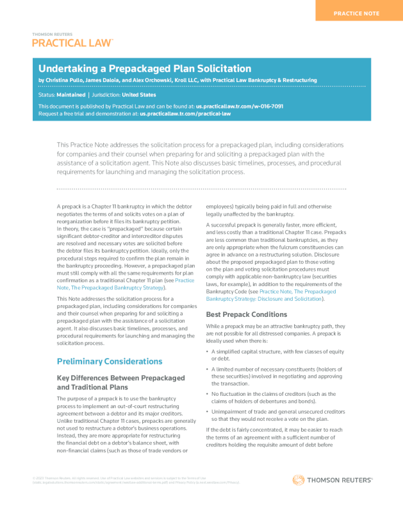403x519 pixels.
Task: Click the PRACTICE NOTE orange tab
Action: click(356, 13)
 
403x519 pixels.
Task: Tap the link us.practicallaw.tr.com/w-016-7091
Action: click(240, 106)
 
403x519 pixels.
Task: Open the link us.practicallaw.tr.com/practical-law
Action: click(185, 113)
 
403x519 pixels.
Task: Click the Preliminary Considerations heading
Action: click(110, 361)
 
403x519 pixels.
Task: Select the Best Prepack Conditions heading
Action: click(246, 314)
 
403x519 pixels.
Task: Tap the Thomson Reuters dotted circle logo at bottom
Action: click(298, 480)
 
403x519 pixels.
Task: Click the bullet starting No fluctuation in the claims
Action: click(277, 397)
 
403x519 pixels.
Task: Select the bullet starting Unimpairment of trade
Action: click(277, 414)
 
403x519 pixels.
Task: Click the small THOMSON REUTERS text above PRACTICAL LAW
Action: click(52, 34)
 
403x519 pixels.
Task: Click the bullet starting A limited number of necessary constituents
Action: click(277, 376)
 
